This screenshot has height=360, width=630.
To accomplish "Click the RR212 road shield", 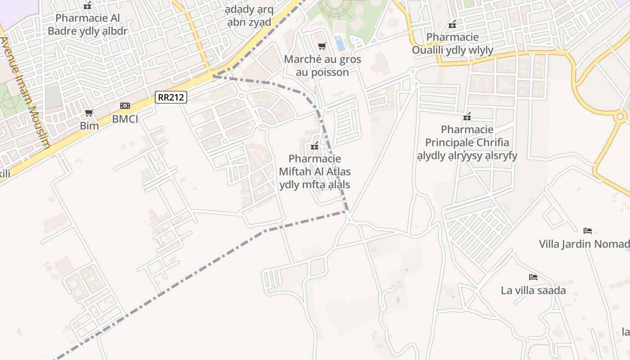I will pyautogui.click(x=171, y=97).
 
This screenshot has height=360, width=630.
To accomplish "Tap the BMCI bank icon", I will pyautogui.click(x=125, y=106).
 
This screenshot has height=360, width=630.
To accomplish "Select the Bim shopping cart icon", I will pyautogui.click(x=89, y=112).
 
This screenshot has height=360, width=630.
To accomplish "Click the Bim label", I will pyautogui.click(x=89, y=126).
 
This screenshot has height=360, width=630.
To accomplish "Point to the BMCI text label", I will pyautogui.click(x=125, y=119).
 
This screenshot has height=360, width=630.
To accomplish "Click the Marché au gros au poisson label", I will pyautogui.click(x=322, y=66).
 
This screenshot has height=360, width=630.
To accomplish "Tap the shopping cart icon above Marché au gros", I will pyautogui.click(x=322, y=46).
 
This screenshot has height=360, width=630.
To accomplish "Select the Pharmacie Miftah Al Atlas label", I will pyautogui.click(x=315, y=171).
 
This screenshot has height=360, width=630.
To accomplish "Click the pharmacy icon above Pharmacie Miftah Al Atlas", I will pyautogui.click(x=315, y=146).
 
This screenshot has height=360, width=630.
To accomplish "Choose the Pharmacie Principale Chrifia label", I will pyautogui.click(x=467, y=143).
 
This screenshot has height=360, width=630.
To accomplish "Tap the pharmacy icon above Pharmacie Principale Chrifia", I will pyautogui.click(x=467, y=117).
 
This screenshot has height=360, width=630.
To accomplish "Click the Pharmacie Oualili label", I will pyautogui.click(x=453, y=43).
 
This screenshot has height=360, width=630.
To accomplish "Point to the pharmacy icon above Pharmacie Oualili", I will pyautogui.click(x=452, y=24).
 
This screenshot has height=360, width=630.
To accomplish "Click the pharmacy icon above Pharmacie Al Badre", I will pyautogui.click(x=87, y=6).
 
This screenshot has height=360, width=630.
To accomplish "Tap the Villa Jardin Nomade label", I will pyautogui.click(x=584, y=244).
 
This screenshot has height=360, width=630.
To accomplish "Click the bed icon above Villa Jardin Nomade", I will pyautogui.click(x=587, y=231).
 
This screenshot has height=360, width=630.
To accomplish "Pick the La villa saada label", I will pyautogui.click(x=533, y=290).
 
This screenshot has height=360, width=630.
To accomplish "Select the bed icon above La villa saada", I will pyautogui.click(x=533, y=277).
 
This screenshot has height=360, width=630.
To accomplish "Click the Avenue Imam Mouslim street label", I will pyautogui.click(x=26, y=92).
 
